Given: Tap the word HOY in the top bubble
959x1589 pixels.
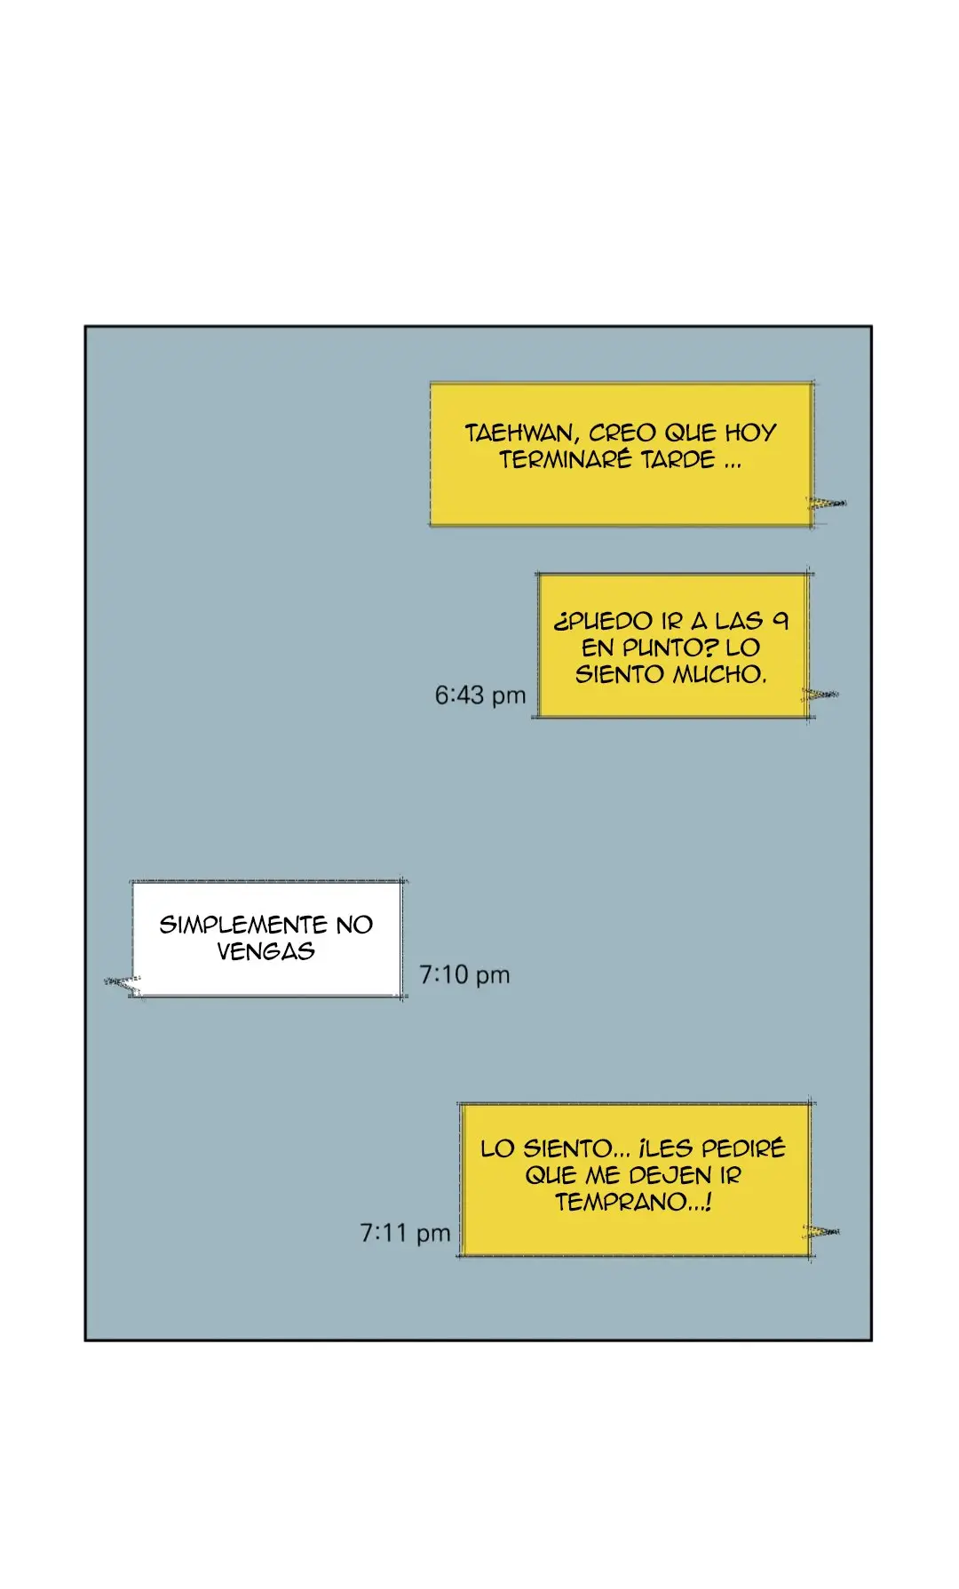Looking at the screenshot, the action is pyautogui.click(x=750, y=433).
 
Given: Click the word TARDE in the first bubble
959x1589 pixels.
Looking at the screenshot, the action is pyautogui.click(x=678, y=459).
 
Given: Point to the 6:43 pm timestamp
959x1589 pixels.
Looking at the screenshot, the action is pyautogui.click(x=479, y=695).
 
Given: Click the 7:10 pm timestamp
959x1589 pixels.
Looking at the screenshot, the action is pyautogui.click(x=464, y=974).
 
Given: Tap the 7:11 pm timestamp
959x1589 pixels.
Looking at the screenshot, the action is pyautogui.click(x=405, y=1233).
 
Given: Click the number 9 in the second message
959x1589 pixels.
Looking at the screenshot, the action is pyautogui.click(x=780, y=620).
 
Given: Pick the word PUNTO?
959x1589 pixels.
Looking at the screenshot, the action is pyautogui.click(x=670, y=648).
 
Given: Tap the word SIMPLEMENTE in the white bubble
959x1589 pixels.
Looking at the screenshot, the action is pyautogui.click(x=243, y=925).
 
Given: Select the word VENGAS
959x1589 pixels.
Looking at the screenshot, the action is pyautogui.click(x=266, y=951).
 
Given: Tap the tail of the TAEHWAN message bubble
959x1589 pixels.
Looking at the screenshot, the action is pyautogui.click(x=827, y=504).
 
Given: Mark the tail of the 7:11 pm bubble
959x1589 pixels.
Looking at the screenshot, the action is pyautogui.click(x=821, y=1232).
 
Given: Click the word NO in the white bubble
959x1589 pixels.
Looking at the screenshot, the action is pyautogui.click(x=354, y=925).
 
